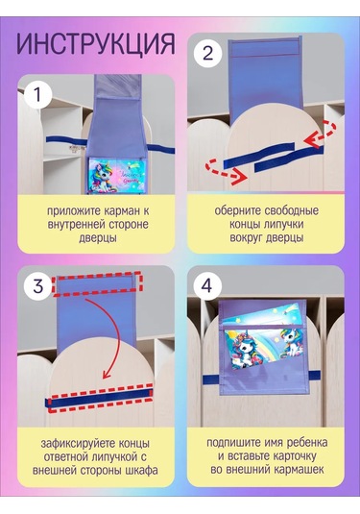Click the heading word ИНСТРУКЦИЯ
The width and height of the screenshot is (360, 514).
[x=96, y=44]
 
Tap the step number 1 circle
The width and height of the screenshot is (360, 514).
[x=38, y=95]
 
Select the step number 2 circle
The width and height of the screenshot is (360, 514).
[x=207, y=53]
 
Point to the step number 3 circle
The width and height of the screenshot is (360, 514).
[x=38, y=286]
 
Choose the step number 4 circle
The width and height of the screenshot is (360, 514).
[x=206, y=286]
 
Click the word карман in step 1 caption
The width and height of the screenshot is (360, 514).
[x=120, y=211]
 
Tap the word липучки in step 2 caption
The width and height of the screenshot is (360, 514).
[x=283, y=225]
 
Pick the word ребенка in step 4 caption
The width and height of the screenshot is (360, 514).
[x=307, y=443]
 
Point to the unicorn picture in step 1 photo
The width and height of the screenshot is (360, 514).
[x=116, y=176]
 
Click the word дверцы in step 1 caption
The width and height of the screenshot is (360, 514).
[x=98, y=238]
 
